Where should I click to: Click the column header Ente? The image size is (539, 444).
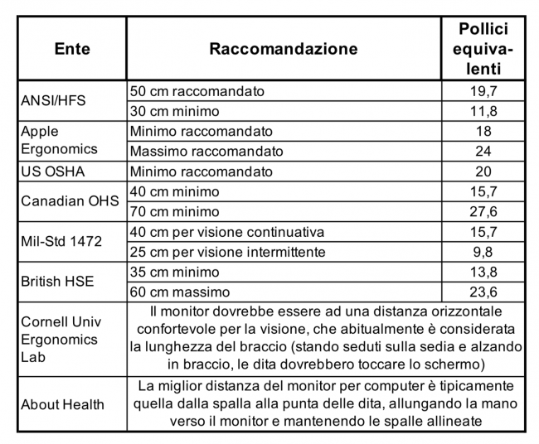click(72, 49)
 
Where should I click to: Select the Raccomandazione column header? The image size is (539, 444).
click(283, 49)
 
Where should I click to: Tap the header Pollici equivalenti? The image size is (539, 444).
click(483, 49)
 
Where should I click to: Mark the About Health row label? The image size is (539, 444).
click(63, 404)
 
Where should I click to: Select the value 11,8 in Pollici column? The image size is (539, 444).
click(483, 111)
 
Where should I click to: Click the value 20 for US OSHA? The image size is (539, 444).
click(483, 171)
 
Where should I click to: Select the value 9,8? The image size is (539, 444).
click(483, 252)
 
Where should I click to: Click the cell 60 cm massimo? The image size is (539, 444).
click(180, 292)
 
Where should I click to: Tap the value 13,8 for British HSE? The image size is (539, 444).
click(483, 273)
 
